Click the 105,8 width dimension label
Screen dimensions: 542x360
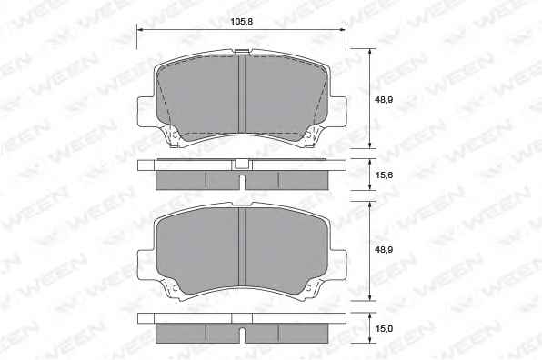click(242, 22)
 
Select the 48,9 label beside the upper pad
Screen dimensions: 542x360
click(384, 100)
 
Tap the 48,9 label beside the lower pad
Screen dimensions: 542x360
click(384, 249)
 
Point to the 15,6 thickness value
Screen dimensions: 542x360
click(384, 175)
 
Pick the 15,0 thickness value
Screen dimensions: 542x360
click(384, 328)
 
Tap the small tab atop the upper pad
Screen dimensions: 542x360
click(242, 52)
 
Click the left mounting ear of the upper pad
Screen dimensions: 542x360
click(146, 111)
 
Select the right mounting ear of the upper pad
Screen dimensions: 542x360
click(338, 111)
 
